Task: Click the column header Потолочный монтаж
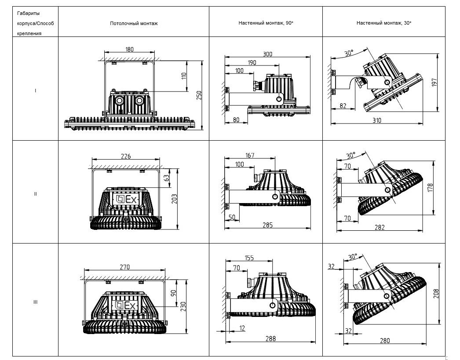(134, 23)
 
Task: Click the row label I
(35, 91)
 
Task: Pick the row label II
(35, 193)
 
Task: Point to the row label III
(35, 302)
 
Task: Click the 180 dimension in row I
(129, 49)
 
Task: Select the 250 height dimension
(199, 95)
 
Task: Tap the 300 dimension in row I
(267, 54)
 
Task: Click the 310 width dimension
(377, 120)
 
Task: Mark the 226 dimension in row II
(126, 156)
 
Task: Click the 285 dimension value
(267, 225)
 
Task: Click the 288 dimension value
(270, 338)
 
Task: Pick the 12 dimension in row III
(242, 328)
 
